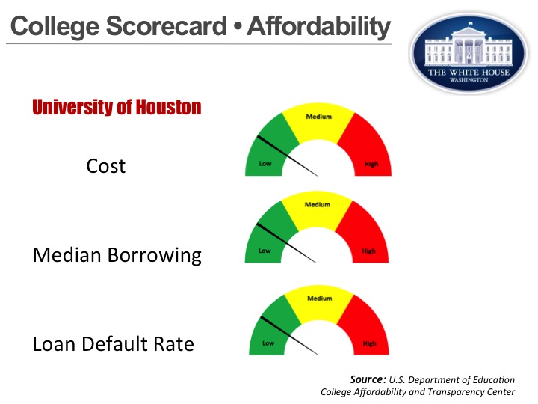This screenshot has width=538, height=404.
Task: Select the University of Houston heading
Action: point(117,108)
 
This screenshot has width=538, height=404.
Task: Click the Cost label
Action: point(106,165)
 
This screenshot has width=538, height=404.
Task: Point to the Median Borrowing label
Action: point(117,255)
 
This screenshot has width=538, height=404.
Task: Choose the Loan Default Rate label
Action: point(114,344)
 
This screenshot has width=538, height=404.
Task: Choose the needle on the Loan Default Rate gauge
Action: point(290,335)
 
